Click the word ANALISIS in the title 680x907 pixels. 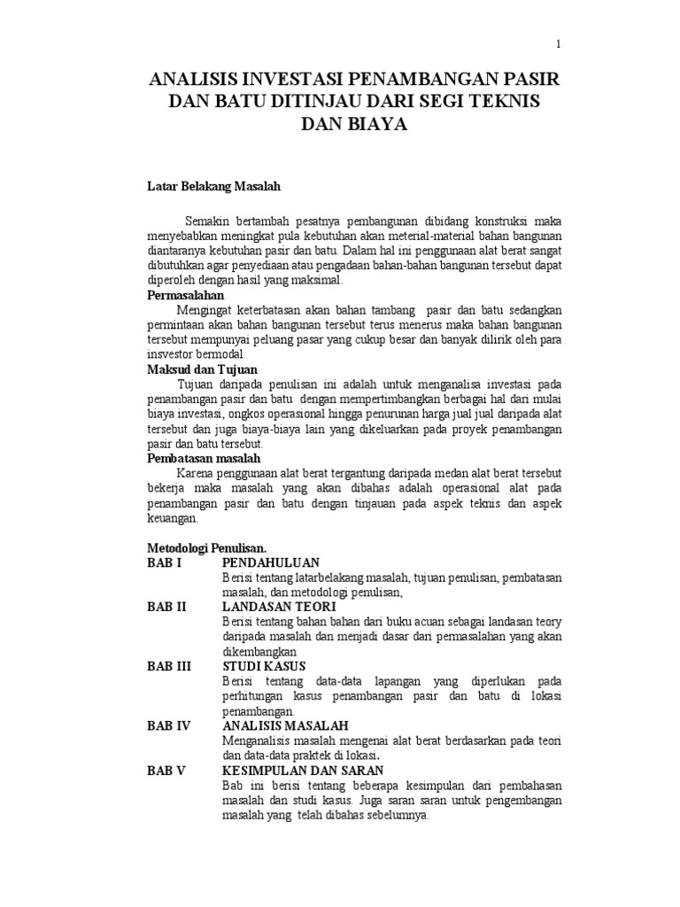click(x=193, y=81)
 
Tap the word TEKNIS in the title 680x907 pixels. click(x=502, y=103)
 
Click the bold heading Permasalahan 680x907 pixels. click(x=185, y=295)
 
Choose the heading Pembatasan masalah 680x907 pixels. click(x=203, y=458)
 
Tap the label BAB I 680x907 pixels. click(x=164, y=562)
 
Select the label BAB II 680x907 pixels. click(x=166, y=607)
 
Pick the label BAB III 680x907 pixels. click(x=169, y=666)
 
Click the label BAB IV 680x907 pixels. click(x=168, y=725)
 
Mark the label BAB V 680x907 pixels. click(x=166, y=771)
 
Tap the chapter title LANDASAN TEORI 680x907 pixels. click(x=279, y=607)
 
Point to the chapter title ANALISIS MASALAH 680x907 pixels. click(x=285, y=725)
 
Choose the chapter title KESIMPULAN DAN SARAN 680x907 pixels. click(x=302, y=771)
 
